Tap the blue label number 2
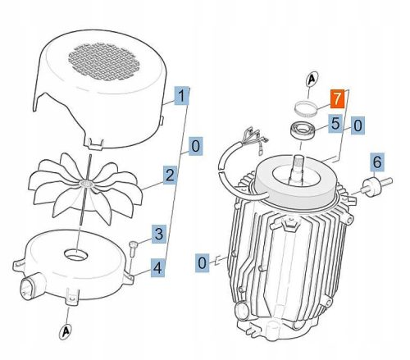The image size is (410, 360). tap(170, 175)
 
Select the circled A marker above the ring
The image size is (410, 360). tap(312, 80)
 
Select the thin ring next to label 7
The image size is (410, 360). tap(307, 107)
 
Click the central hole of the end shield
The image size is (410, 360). tap(76, 248)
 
